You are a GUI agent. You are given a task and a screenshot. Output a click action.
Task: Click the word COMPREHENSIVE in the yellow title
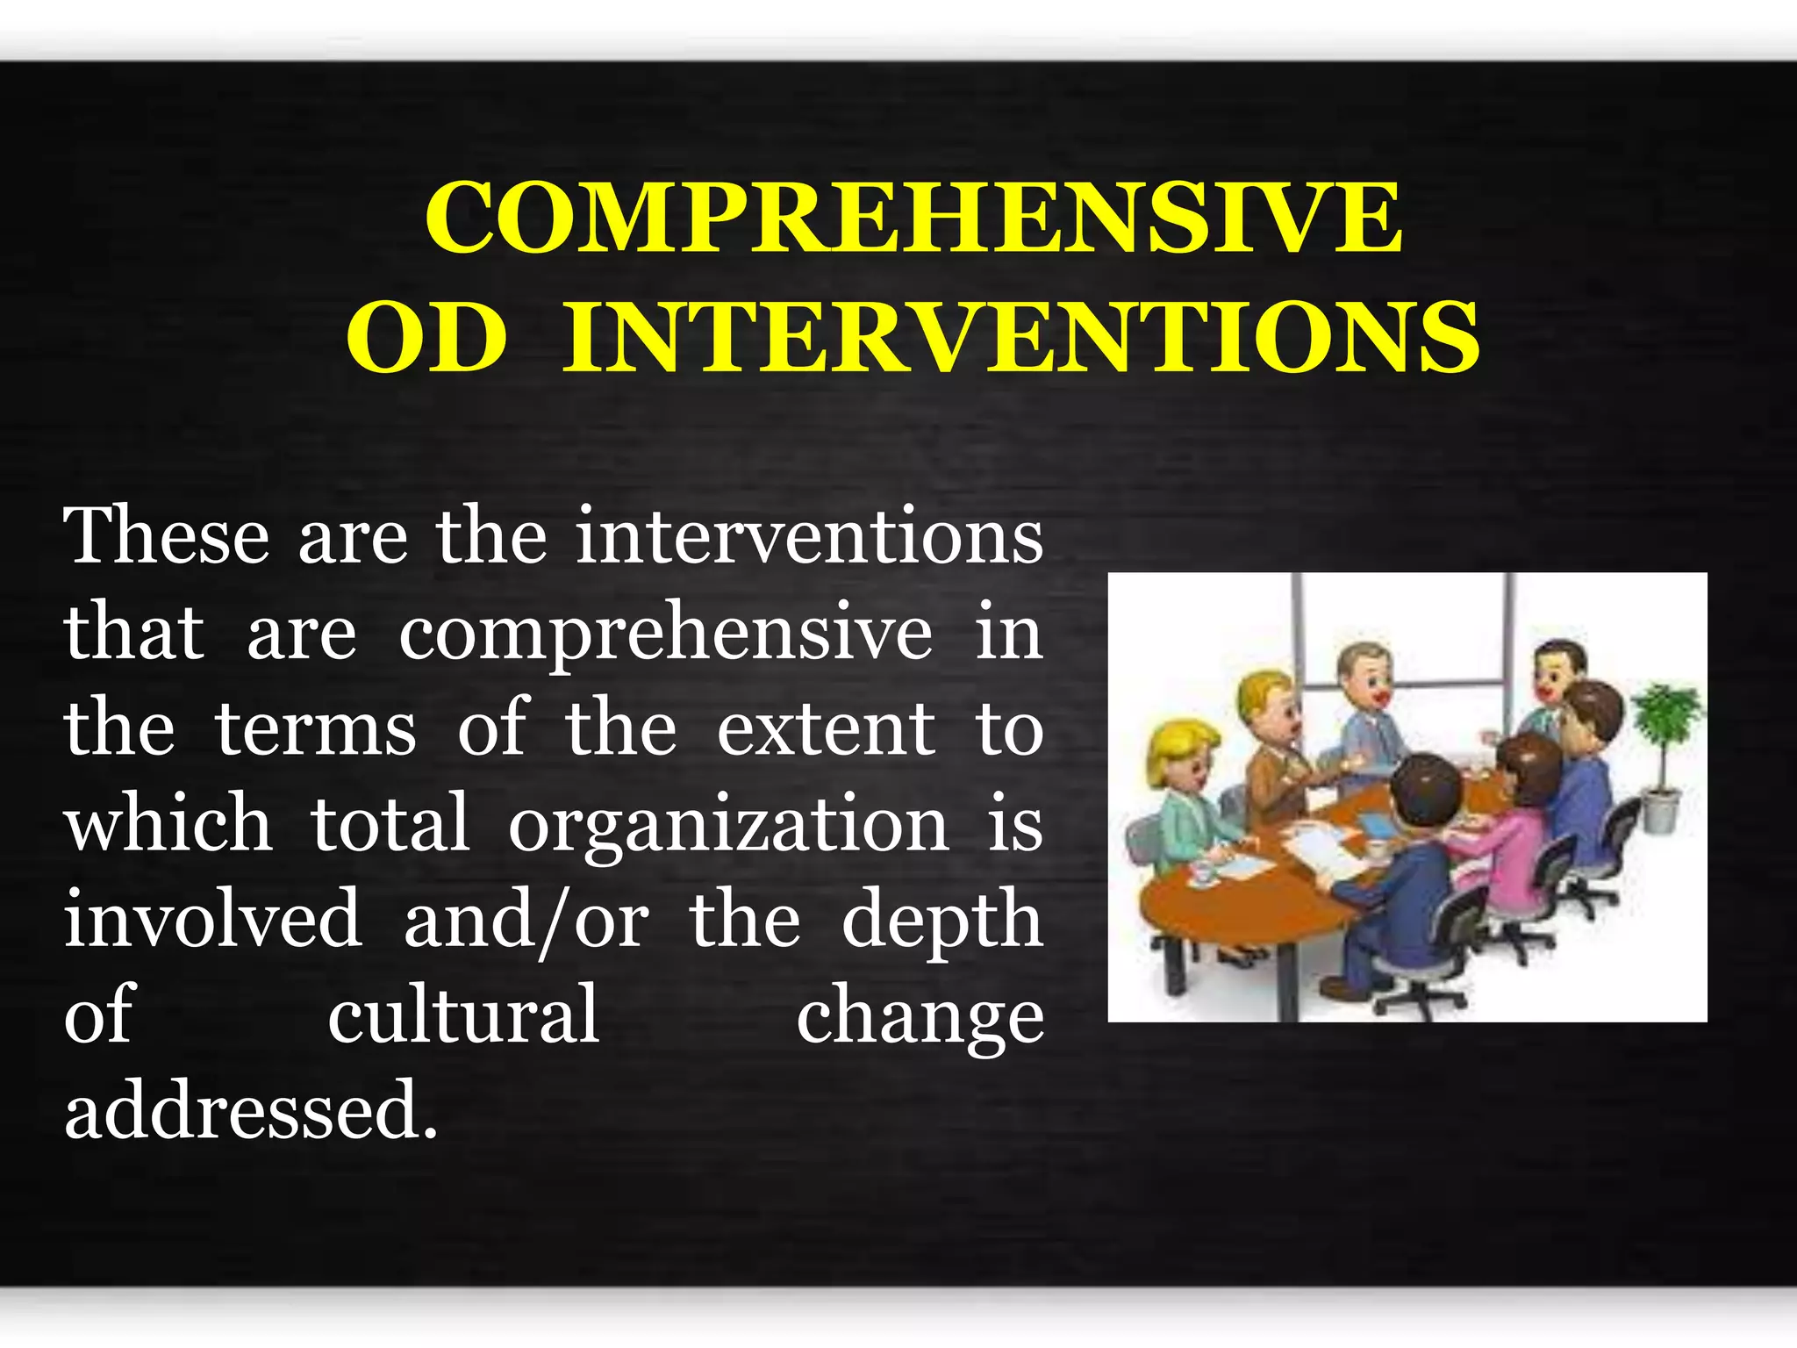coord(913,217)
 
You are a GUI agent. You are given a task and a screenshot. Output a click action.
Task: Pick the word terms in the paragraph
coord(315,728)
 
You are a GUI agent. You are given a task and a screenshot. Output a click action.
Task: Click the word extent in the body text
coord(826,728)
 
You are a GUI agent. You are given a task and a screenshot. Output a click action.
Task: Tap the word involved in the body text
coord(213,919)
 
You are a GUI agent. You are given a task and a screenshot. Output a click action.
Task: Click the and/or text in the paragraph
coord(526,921)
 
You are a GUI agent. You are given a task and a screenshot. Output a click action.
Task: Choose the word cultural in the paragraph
coord(463,1015)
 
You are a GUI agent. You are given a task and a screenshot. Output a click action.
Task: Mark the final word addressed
coord(250,1110)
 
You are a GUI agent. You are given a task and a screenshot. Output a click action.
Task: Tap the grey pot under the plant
coord(1660,810)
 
